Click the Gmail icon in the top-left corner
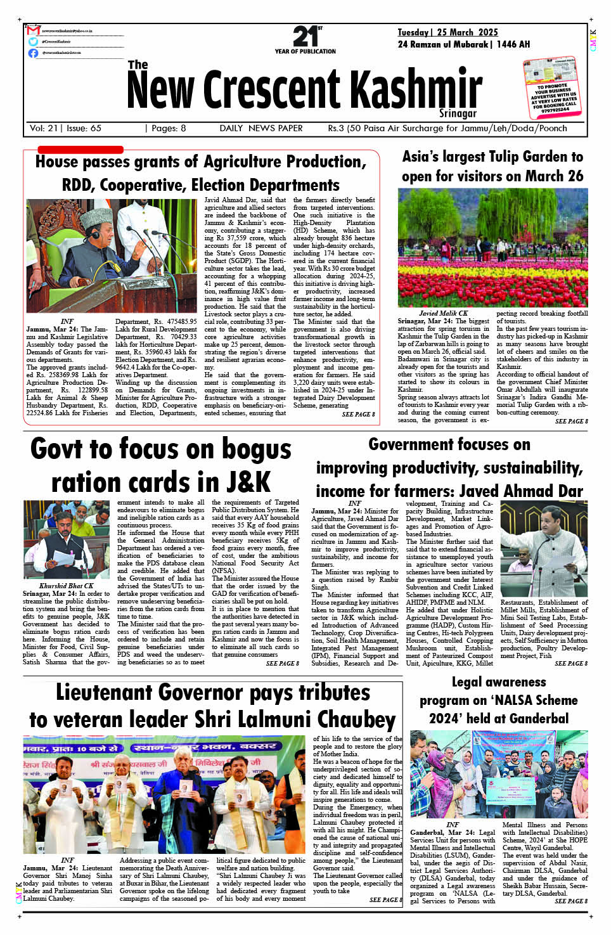(34, 30)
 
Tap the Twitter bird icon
(34, 42)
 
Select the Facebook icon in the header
(34, 53)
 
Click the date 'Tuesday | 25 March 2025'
(447, 32)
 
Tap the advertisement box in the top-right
(553, 88)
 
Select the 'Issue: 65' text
(84, 128)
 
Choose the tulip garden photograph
(492, 247)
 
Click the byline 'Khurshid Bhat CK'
(66, 586)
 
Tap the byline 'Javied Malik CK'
(443, 313)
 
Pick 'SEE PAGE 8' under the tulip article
(571, 421)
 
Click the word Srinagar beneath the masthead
(458, 113)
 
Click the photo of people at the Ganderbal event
(499, 774)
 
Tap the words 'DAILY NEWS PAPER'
(261, 128)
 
